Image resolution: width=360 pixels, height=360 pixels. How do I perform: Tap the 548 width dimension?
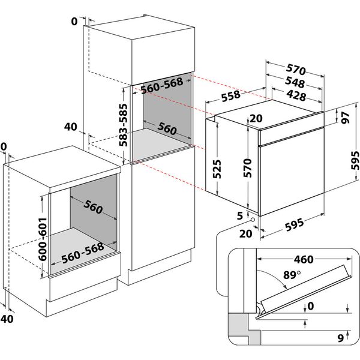294,83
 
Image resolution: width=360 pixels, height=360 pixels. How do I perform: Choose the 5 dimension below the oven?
239,214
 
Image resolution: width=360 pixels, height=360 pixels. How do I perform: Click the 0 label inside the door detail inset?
309,305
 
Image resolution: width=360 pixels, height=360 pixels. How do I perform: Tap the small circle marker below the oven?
254,220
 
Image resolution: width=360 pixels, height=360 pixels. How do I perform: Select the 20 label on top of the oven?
256,118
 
